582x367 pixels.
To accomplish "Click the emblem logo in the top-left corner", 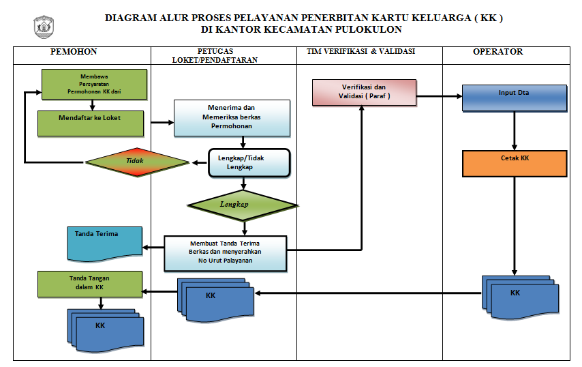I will click(x=44, y=26).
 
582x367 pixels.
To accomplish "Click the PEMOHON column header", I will click(x=74, y=52).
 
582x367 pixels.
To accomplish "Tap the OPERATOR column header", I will click(x=498, y=52).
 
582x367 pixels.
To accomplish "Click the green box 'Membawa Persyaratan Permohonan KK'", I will click(x=94, y=84).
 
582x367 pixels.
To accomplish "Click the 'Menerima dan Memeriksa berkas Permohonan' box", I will click(x=232, y=117).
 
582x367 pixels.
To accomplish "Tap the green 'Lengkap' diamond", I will click(x=242, y=204).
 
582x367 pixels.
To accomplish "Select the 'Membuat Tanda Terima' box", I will click(x=226, y=252).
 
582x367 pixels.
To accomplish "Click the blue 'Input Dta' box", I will click(x=514, y=97).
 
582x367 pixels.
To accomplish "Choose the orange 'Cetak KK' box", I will click(x=515, y=163).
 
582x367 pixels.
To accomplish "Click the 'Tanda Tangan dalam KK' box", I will click(x=90, y=283).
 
